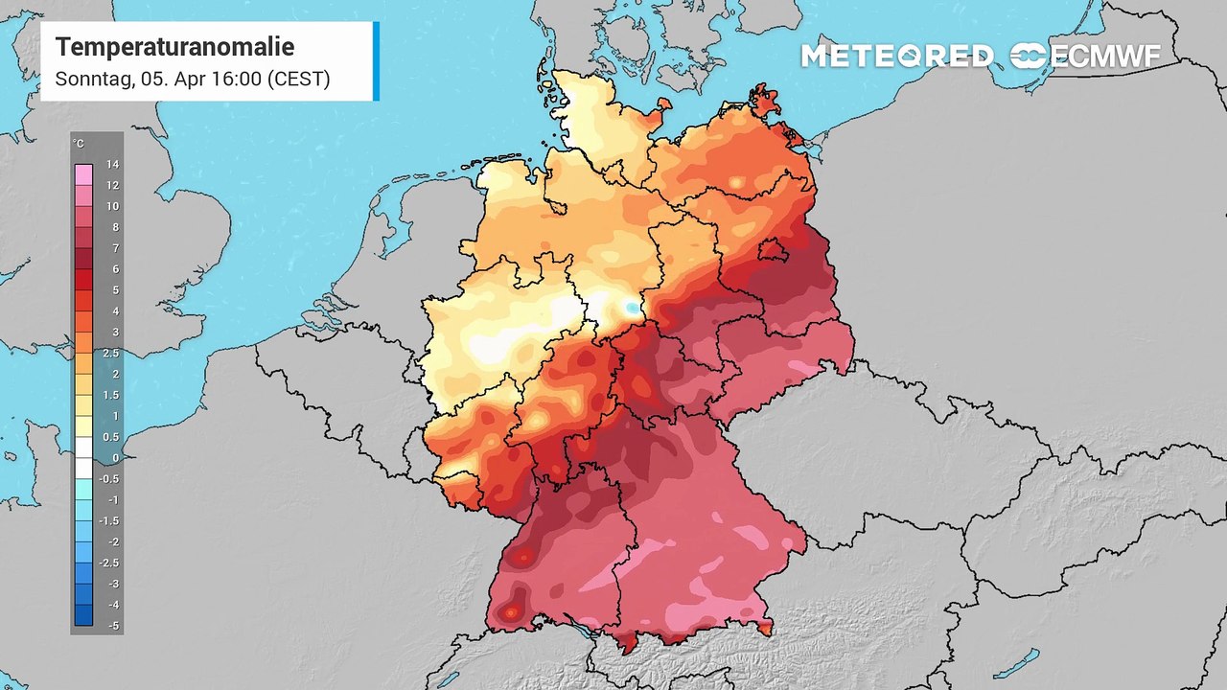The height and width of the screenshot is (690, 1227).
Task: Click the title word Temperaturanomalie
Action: point(174,47)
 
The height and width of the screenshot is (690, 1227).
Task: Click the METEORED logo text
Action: point(896,57)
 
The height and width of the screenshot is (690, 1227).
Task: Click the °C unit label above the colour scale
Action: point(79,144)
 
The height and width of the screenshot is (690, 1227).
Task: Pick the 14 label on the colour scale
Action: point(112,165)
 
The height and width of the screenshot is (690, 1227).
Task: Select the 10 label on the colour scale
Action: point(112,207)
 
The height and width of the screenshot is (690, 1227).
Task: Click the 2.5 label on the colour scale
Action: point(111,354)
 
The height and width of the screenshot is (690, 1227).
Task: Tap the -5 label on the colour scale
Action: point(112,626)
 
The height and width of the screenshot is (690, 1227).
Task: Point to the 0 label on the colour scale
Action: point(114,458)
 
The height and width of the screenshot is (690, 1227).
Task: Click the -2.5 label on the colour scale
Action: point(111,563)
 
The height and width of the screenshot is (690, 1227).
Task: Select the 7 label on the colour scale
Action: point(113,249)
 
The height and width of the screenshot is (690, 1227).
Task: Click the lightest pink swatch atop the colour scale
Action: point(84,174)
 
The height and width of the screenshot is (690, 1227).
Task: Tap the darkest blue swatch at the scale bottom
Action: point(84,615)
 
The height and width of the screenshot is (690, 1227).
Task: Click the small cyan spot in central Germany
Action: point(629,308)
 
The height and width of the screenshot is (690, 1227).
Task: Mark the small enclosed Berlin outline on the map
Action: point(772,251)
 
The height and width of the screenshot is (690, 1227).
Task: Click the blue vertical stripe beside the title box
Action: point(376,61)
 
